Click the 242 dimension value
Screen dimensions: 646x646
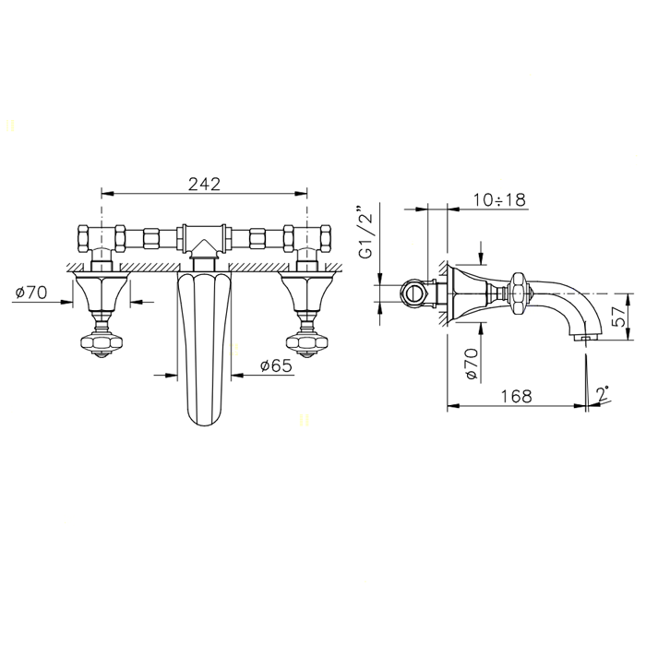click(x=204, y=185)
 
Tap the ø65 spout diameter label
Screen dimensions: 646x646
click(x=276, y=365)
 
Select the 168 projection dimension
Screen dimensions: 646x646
click(x=516, y=396)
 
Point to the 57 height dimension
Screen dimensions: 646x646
click(x=618, y=317)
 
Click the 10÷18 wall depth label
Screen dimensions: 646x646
click(x=499, y=200)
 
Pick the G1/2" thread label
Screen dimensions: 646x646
click(x=365, y=231)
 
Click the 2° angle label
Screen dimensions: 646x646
click(x=604, y=394)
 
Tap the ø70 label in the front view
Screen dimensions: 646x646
click(x=31, y=293)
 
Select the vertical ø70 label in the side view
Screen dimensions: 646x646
click(x=472, y=364)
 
